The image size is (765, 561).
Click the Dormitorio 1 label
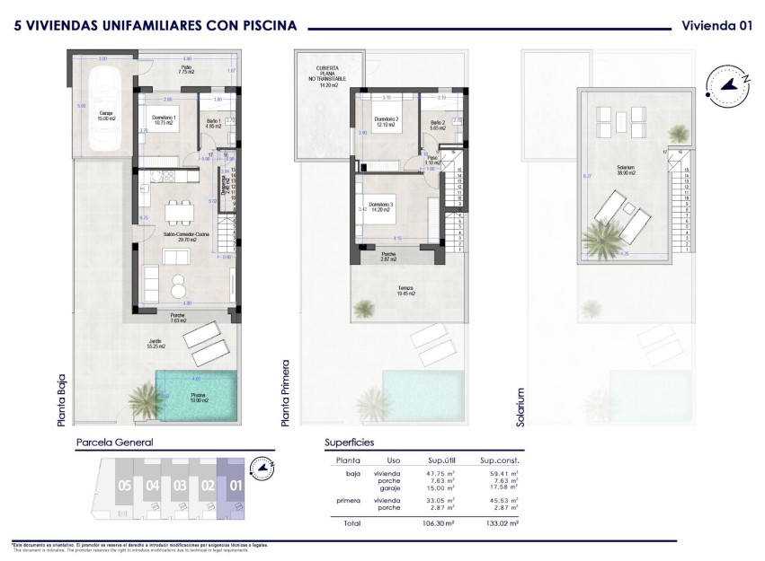coord(163,121)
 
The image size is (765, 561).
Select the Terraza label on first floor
coord(407,290)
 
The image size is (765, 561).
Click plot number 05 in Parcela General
coord(124,486)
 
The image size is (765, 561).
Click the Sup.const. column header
coord(501,460)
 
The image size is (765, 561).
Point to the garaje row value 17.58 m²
coord(505,488)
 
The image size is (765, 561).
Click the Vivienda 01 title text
coord(716,26)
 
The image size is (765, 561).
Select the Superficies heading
coord(349,443)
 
